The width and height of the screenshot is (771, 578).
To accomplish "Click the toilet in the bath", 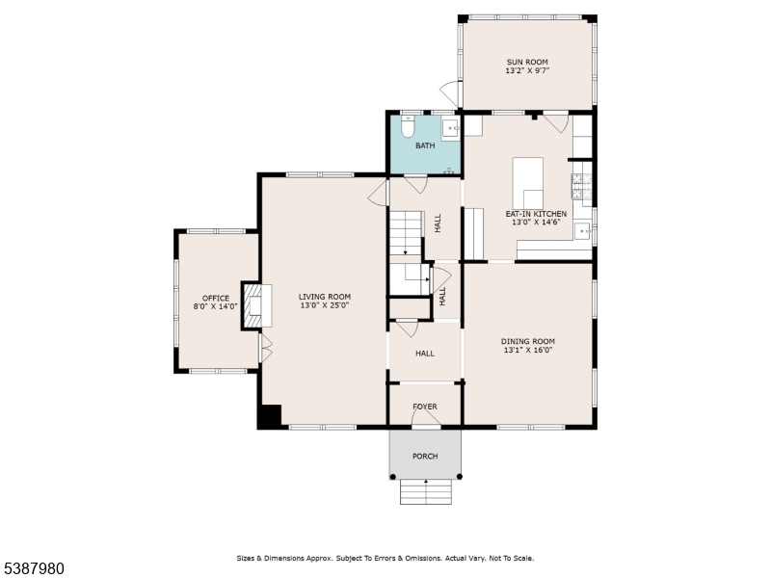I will (x=407, y=126).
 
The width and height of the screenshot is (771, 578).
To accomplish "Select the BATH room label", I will (x=425, y=146).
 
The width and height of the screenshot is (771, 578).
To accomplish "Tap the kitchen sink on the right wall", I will (x=582, y=230).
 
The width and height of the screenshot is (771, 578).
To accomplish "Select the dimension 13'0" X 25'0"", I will (x=324, y=306).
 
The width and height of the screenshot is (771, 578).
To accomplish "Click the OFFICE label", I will (x=216, y=298).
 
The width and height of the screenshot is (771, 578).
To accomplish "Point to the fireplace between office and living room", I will (x=253, y=304).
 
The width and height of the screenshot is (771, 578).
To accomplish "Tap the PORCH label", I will (x=425, y=456).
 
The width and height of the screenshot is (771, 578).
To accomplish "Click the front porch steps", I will (x=425, y=491).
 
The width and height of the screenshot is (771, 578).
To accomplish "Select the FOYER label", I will (x=425, y=407).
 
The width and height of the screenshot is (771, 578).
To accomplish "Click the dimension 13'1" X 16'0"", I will (x=528, y=351).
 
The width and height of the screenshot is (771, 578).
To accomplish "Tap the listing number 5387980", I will (x=33, y=568).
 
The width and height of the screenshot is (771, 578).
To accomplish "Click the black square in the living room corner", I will (x=269, y=416).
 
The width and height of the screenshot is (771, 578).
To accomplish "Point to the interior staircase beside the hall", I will (x=406, y=234).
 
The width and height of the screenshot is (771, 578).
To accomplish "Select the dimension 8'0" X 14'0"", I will (x=216, y=307).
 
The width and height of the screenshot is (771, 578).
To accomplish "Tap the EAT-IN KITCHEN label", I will (x=536, y=214).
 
